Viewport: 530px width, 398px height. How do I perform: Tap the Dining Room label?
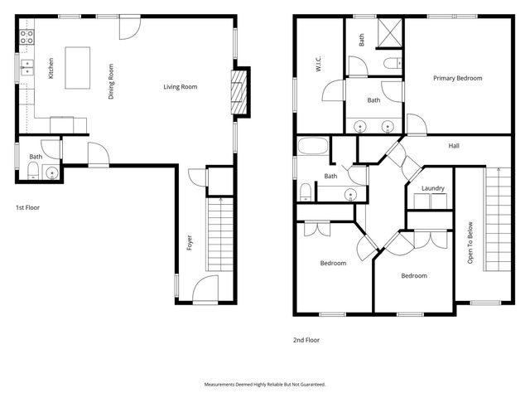pos(111,82)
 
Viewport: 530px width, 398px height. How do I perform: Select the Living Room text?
pos(180,86)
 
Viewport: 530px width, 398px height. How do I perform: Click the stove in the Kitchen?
pos(26,36)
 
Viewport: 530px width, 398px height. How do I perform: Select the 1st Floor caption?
pos(27,207)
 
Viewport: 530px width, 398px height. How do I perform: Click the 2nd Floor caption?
pos(306,339)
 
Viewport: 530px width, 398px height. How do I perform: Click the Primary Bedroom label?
pos(457,78)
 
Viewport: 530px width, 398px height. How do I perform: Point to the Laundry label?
pos(432,188)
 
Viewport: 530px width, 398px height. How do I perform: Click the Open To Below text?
pos(470,245)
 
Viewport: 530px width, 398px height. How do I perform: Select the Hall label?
pos(454,146)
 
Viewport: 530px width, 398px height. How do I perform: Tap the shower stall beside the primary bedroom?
pos(388,33)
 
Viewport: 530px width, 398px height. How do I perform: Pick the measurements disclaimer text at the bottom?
pos(265,385)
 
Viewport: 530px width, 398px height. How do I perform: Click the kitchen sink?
pos(26,67)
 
